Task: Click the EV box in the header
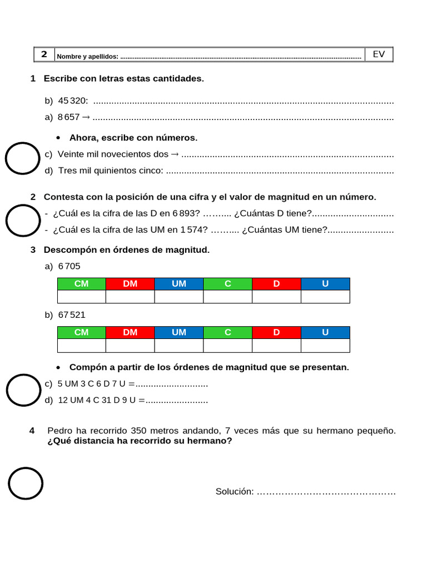click(379, 54)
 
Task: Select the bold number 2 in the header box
click(44, 54)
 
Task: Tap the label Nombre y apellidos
click(87, 57)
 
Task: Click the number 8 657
click(69, 117)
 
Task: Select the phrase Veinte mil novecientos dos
click(113, 154)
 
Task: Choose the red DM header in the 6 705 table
click(130, 284)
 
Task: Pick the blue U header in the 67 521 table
click(325, 332)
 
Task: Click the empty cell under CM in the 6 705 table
click(81, 297)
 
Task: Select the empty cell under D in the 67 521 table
click(276, 346)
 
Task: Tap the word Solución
click(234, 492)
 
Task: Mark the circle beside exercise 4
click(25, 483)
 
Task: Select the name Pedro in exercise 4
click(59, 431)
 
